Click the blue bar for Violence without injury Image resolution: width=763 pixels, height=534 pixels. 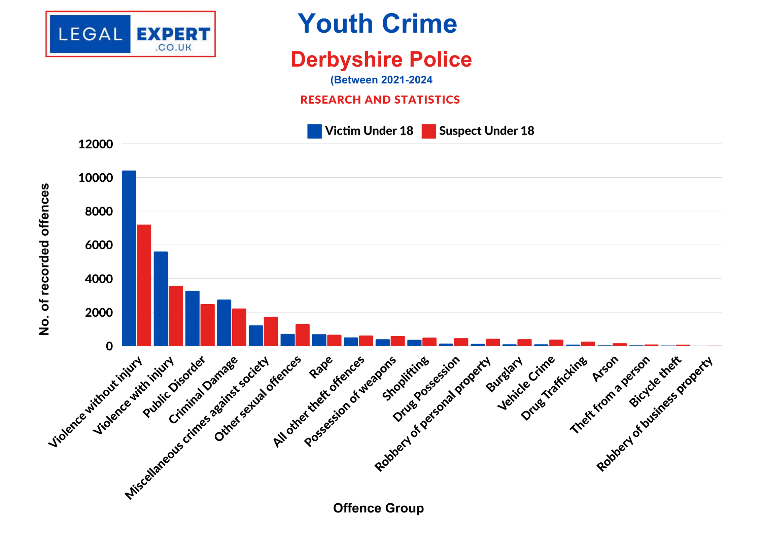click(x=129, y=258)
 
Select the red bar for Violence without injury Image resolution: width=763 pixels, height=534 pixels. click(x=144, y=285)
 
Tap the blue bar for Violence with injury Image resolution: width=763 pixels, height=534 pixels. click(x=161, y=298)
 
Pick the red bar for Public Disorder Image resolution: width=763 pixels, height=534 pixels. click(x=207, y=325)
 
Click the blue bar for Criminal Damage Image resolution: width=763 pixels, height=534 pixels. click(x=224, y=322)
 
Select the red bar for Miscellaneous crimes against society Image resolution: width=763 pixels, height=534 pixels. click(x=271, y=331)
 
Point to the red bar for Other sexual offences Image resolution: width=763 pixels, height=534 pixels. click(x=303, y=335)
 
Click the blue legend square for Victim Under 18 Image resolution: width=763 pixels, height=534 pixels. click(x=314, y=131)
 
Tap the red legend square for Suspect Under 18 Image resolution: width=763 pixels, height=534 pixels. click(x=428, y=131)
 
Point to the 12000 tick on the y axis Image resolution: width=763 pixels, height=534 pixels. click(x=96, y=144)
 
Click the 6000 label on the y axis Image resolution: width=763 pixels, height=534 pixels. click(x=99, y=245)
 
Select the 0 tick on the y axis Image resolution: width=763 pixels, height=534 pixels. click(x=109, y=346)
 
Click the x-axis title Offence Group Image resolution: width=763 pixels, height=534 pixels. click(x=378, y=508)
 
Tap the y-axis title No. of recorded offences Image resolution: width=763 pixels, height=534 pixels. click(x=44, y=259)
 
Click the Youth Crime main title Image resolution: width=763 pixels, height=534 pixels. click(x=377, y=24)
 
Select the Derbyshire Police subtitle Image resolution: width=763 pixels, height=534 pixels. click(x=381, y=60)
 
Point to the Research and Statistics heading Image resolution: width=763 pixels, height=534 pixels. click(x=380, y=100)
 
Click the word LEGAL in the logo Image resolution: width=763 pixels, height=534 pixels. click(x=90, y=34)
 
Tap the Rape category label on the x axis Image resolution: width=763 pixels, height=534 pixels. click(x=321, y=367)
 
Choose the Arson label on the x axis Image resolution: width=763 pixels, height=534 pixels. click(x=605, y=369)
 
